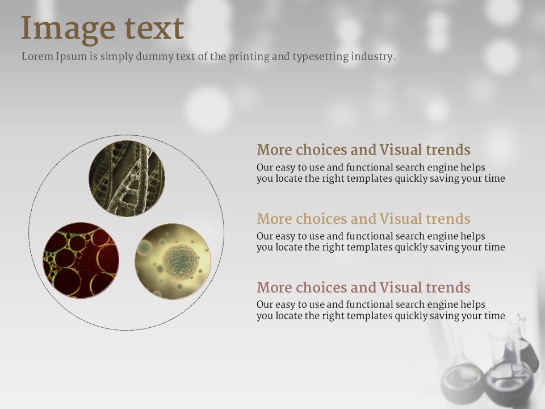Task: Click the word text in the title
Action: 154,28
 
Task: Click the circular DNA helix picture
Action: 127,179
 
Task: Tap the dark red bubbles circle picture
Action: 81,261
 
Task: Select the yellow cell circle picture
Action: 173,261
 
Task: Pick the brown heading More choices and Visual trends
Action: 363,150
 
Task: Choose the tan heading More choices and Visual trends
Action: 363,219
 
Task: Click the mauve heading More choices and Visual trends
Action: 363,287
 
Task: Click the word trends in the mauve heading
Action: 448,287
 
